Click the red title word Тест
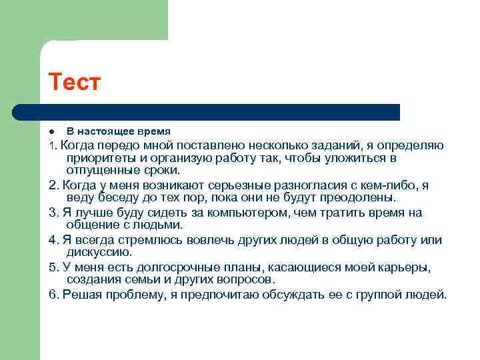pos(74,83)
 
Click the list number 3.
pos(53,213)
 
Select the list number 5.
pos(53,267)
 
